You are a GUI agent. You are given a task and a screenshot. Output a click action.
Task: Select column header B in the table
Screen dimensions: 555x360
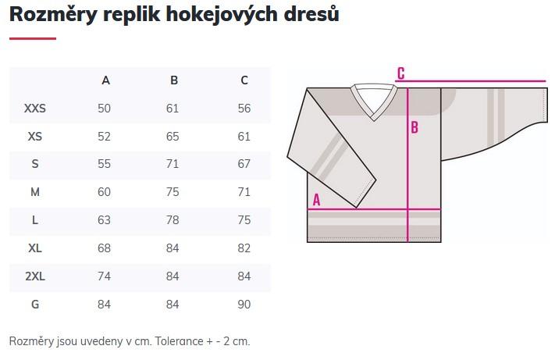(174, 80)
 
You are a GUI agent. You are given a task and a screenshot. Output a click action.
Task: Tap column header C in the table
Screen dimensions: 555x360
(244, 80)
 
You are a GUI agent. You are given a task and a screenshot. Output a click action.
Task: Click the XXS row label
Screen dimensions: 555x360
(34, 109)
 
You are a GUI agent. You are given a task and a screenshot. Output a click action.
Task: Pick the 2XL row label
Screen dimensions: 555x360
(34, 276)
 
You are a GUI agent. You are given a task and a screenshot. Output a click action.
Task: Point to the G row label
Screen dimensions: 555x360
(34, 305)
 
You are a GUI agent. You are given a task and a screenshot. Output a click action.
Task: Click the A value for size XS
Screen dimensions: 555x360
(104, 137)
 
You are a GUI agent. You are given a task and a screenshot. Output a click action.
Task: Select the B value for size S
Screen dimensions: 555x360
(173, 164)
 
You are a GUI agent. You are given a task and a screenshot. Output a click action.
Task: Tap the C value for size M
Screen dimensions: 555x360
(244, 192)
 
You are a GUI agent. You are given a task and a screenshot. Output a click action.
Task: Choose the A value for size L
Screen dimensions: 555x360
(104, 219)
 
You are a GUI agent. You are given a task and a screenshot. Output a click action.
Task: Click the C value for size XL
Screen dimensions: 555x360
(244, 248)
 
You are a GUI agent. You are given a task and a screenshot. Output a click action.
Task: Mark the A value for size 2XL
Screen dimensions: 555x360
(104, 276)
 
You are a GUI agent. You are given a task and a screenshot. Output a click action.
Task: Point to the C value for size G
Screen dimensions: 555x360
(244, 305)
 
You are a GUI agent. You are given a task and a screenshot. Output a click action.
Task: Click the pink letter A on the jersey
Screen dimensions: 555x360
(316, 200)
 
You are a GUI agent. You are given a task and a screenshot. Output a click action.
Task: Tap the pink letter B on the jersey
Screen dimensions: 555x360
(414, 127)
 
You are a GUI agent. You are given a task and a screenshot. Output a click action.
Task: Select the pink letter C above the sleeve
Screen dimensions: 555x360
(401, 73)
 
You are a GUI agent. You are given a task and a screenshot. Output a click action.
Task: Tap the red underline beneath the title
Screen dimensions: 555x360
(33, 38)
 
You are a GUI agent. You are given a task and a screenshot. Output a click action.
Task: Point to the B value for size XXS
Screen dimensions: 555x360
(173, 109)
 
